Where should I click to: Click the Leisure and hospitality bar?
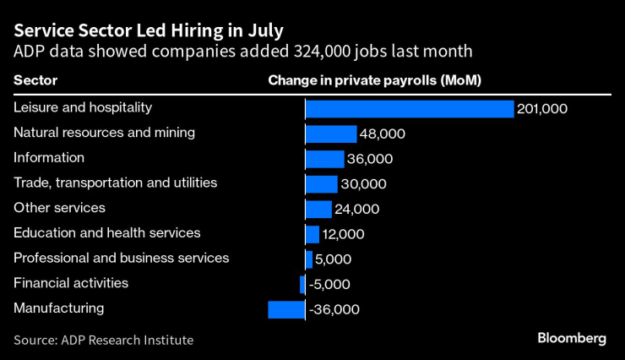tap(409, 109)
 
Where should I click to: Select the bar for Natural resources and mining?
tap(330, 134)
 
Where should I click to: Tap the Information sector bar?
tap(324, 159)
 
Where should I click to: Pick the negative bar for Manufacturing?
tap(285, 309)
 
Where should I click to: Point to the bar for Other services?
tap(318, 209)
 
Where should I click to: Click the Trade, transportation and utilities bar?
tap(321, 184)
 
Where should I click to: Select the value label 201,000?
tap(542, 109)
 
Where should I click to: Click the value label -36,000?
tap(334, 310)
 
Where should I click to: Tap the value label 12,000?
tap(344, 234)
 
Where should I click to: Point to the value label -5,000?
tap(329, 285)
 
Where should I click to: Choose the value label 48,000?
tap(383, 134)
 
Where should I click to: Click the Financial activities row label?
tap(71, 283)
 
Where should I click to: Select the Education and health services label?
tap(107, 232)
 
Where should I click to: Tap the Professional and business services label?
tap(121, 258)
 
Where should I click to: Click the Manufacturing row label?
tap(58, 308)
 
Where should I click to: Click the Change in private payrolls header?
tap(380, 81)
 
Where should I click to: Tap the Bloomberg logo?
tap(572, 338)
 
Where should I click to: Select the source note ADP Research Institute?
tap(103, 340)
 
